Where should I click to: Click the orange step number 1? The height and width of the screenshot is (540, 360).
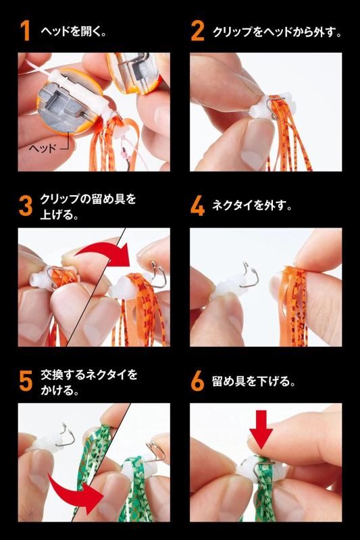pyautogui.click(x=25, y=31)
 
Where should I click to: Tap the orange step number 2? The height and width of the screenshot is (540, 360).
pyautogui.click(x=197, y=31)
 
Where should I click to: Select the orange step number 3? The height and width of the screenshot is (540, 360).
pyautogui.click(x=26, y=206)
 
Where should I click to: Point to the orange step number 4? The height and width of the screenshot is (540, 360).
pyautogui.click(x=197, y=206)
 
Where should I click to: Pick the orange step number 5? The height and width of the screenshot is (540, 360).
pyautogui.click(x=26, y=381)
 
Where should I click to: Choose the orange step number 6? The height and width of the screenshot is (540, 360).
pyautogui.click(x=197, y=381)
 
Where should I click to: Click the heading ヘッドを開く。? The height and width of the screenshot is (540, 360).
pyautogui.click(x=74, y=31)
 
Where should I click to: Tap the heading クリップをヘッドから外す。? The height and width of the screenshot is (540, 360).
pyautogui.click(x=278, y=32)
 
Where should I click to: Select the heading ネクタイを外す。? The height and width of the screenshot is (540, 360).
pyautogui.click(x=252, y=206)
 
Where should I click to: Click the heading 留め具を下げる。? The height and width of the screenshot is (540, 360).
pyautogui.click(x=254, y=381)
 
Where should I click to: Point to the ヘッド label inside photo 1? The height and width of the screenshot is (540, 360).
pyautogui.click(x=42, y=148)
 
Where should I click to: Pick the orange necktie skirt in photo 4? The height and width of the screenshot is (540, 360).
pyautogui.click(x=293, y=305)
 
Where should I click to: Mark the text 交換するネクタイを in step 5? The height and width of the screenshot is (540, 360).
pyautogui.click(x=89, y=375)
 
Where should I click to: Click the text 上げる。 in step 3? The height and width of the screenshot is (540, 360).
pyautogui.click(x=59, y=214)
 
